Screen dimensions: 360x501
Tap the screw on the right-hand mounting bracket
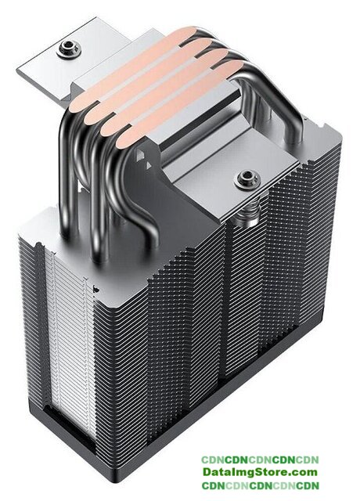pyautogui.click(x=247, y=178)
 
